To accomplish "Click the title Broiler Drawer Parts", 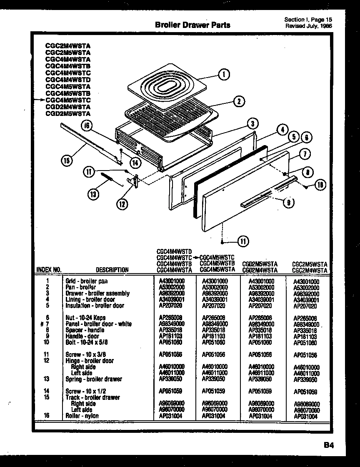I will [x=192, y=25].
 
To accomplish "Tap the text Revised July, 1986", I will [x=309, y=26].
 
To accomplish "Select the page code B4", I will [x=328, y=445].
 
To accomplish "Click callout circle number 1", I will [x=224, y=75].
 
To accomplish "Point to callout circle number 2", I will [x=238, y=101].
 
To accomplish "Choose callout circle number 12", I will [x=122, y=204].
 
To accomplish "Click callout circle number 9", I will [x=287, y=203].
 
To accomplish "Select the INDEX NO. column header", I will [x=49, y=269].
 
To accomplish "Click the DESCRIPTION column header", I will [x=112, y=270].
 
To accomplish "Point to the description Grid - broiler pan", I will [x=87, y=281].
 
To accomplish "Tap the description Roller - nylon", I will [x=82, y=416].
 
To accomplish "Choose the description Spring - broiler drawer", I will [x=94, y=379].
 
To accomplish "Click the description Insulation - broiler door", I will [x=95, y=305].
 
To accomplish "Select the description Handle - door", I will [x=82, y=336].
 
